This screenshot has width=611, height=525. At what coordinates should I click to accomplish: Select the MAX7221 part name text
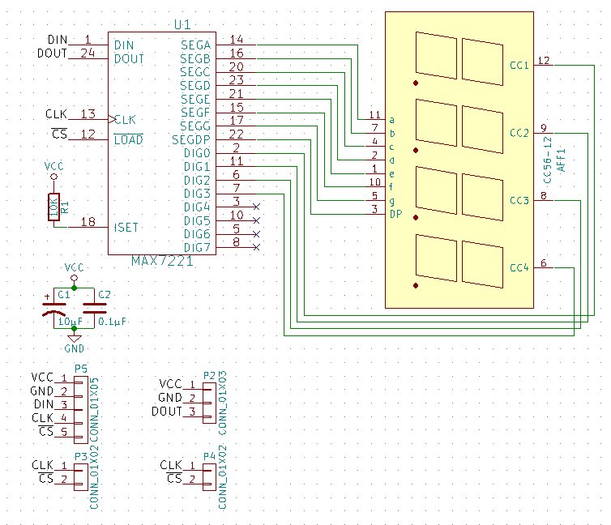click(x=161, y=261)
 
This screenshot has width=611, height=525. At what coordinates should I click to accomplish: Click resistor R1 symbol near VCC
click(x=53, y=207)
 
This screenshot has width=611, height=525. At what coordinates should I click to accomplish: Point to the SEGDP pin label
click(x=191, y=139)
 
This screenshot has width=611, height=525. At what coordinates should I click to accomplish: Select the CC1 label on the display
click(x=519, y=66)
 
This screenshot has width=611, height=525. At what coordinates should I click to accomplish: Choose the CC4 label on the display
click(x=519, y=268)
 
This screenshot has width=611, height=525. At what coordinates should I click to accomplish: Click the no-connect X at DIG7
click(x=257, y=247)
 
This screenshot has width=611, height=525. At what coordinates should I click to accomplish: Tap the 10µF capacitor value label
click(x=69, y=322)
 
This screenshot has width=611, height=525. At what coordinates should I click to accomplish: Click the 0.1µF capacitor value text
click(x=110, y=322)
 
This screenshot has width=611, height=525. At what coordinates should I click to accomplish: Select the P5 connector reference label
click(x=80, y=369)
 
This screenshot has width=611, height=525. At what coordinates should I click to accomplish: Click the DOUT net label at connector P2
click(x=166, y=412)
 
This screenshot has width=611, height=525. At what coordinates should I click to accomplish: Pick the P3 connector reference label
click(x=80, y=457)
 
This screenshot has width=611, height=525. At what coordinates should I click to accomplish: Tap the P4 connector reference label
click(x=210, y=456)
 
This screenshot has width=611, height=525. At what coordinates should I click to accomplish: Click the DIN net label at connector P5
click(x=43, y=405)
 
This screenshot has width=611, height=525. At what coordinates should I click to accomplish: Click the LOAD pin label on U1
click(x=129, y=140)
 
